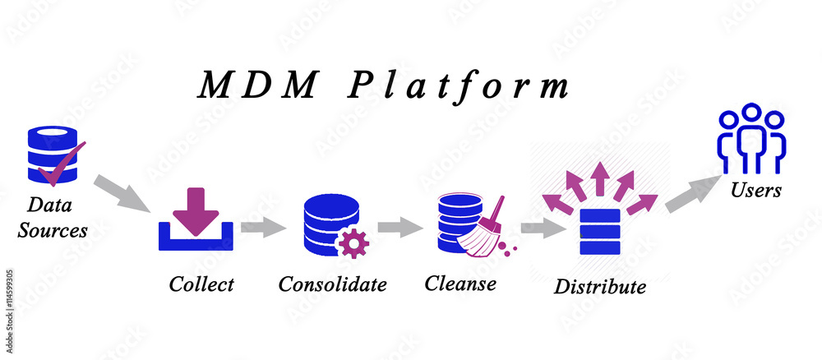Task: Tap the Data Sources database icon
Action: tap(51, 155)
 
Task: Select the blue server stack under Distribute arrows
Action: tap(599, 233)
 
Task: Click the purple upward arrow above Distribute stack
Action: tap(599, 178)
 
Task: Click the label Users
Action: tap(755, 191)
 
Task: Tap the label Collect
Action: tap(201, 284)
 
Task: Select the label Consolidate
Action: tap(332, 284)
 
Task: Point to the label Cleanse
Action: tap(460, 284)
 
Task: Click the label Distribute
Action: tap(599, 287)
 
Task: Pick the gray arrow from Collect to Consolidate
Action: tap(262, 228)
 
